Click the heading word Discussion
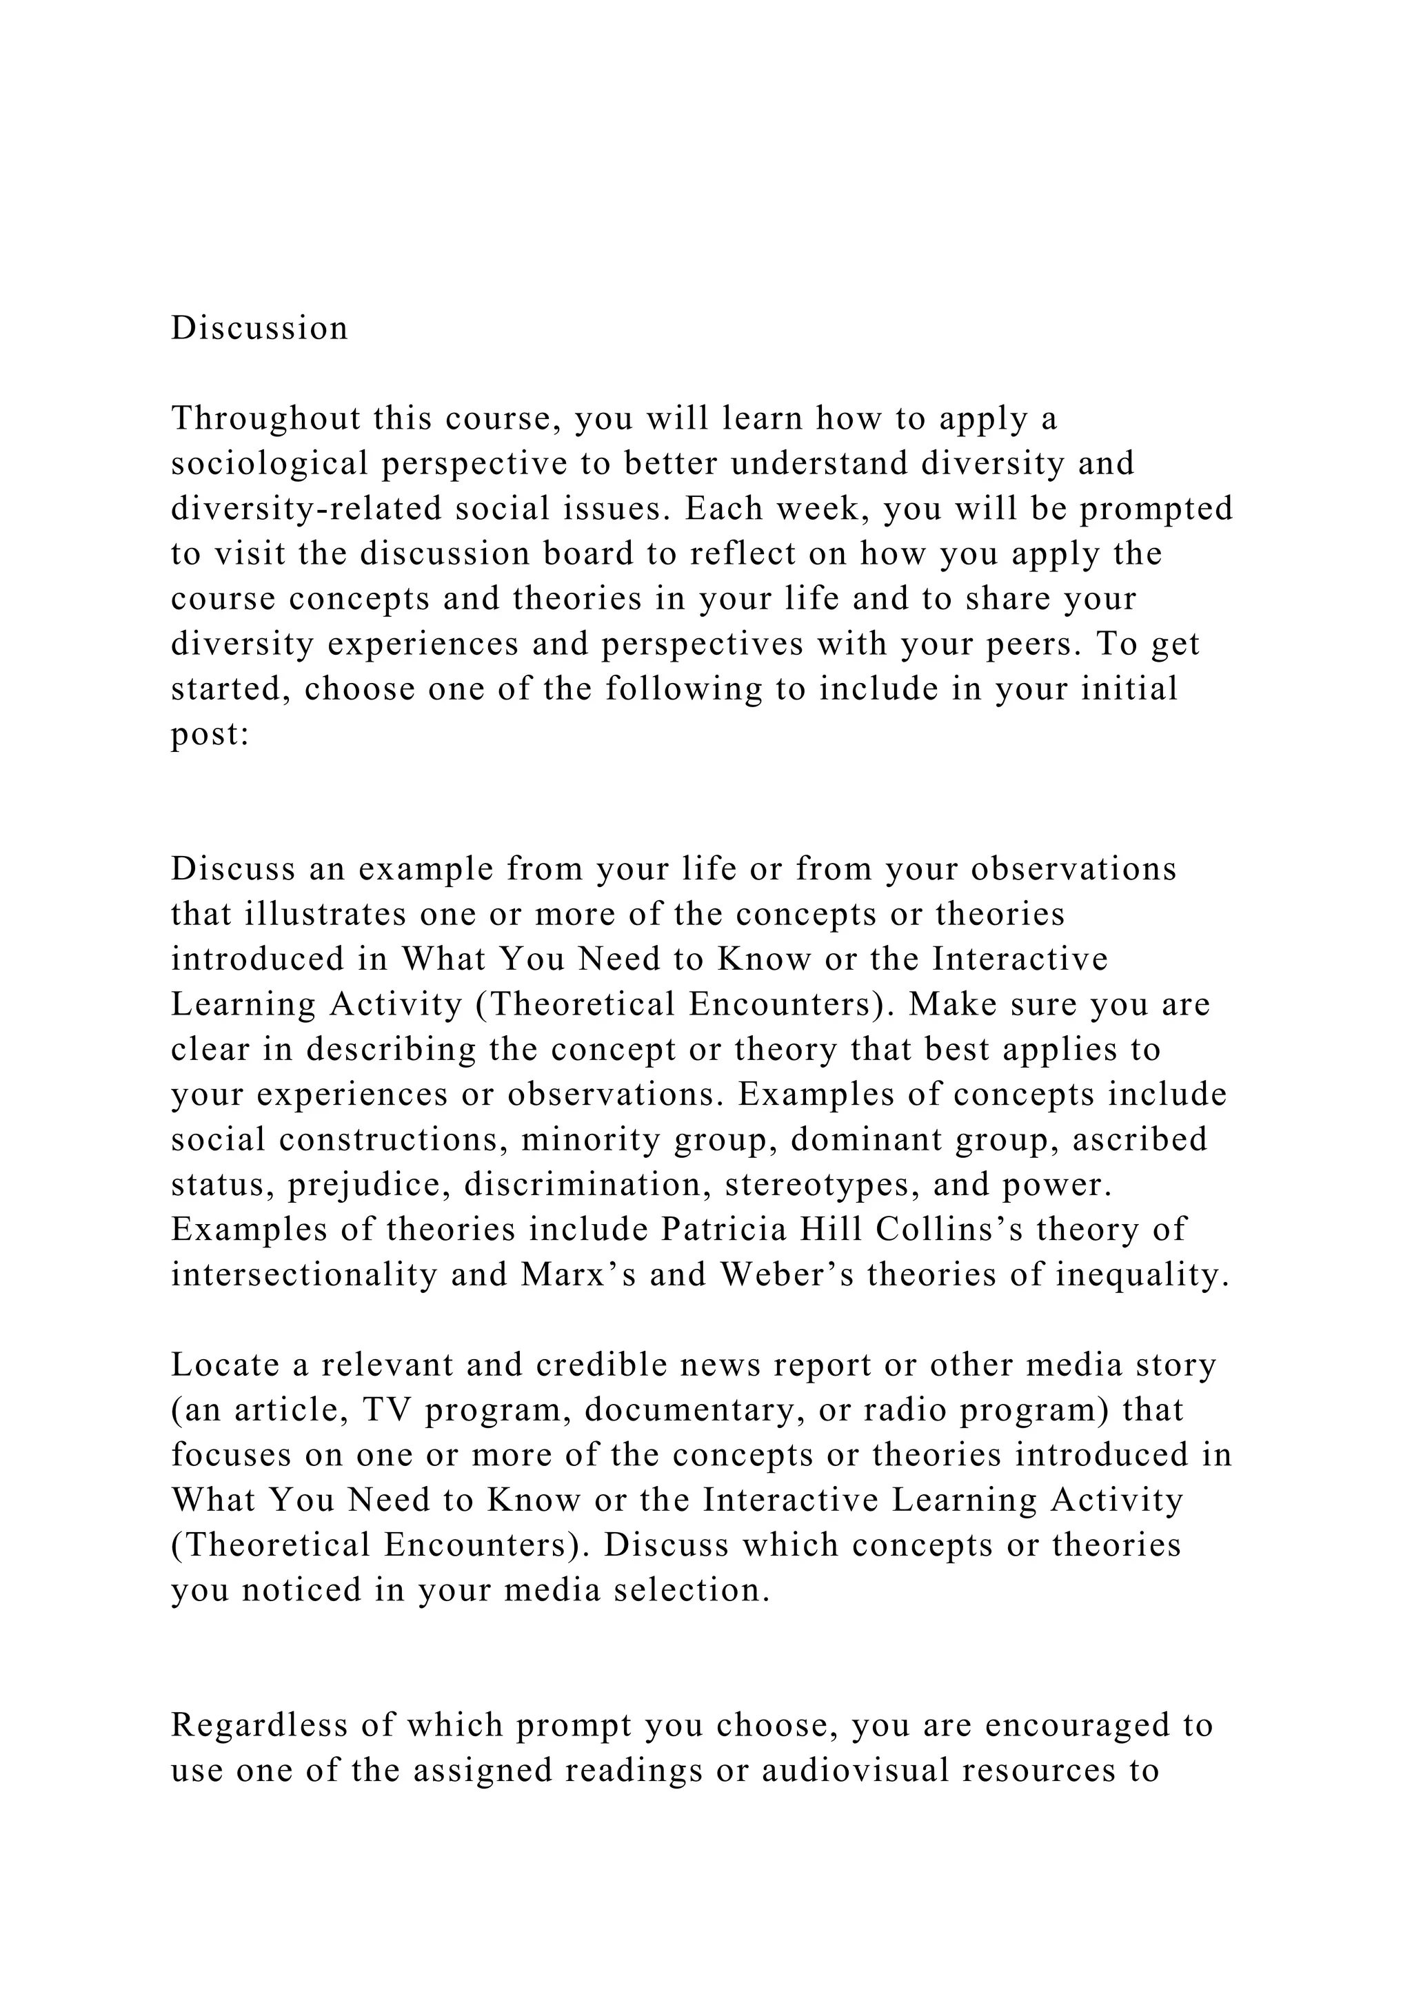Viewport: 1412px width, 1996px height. [x=259, y=329]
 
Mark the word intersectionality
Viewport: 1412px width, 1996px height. [x=304, y=1275]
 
